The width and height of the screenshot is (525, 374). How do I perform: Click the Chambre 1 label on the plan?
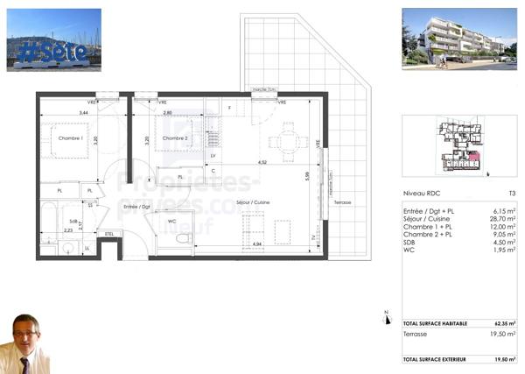point(70,138)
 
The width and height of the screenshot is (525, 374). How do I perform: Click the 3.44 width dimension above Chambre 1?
point(83,113)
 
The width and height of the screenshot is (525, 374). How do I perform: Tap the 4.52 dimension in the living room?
point(262,162)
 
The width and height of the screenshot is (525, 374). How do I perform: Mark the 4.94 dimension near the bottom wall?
point(257,243)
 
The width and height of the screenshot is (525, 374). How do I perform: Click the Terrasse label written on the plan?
point(342,202)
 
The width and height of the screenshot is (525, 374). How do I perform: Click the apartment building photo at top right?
point(458,39)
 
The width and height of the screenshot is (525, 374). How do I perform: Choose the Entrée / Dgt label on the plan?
point(137,207)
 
